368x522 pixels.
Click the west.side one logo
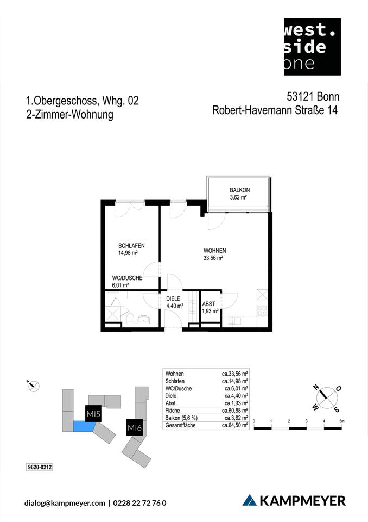pyautogui.click(x=312, y=46)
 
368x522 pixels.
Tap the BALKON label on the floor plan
pyautogui.click(x=239, y=190)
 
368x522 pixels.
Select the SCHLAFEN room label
pyautogui.click(x=131, y=245)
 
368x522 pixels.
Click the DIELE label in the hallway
pyautogui.click(x=173, y=299)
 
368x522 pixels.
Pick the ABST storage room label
pyautogui.click(x=210, y=304)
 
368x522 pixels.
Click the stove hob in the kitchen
pyautogui.click(x=262, y=311)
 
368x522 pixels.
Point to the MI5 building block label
pyautogui.click(x=94, y=415)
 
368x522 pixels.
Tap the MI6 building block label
pyautogui.click(x=134, y=428)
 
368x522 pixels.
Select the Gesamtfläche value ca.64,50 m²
pyautogui.click(x=235, y=425)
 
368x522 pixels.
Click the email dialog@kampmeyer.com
pyautogui.click(x=65, y=503)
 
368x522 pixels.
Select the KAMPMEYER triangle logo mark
pyautogui.click(x=249, y=500)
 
